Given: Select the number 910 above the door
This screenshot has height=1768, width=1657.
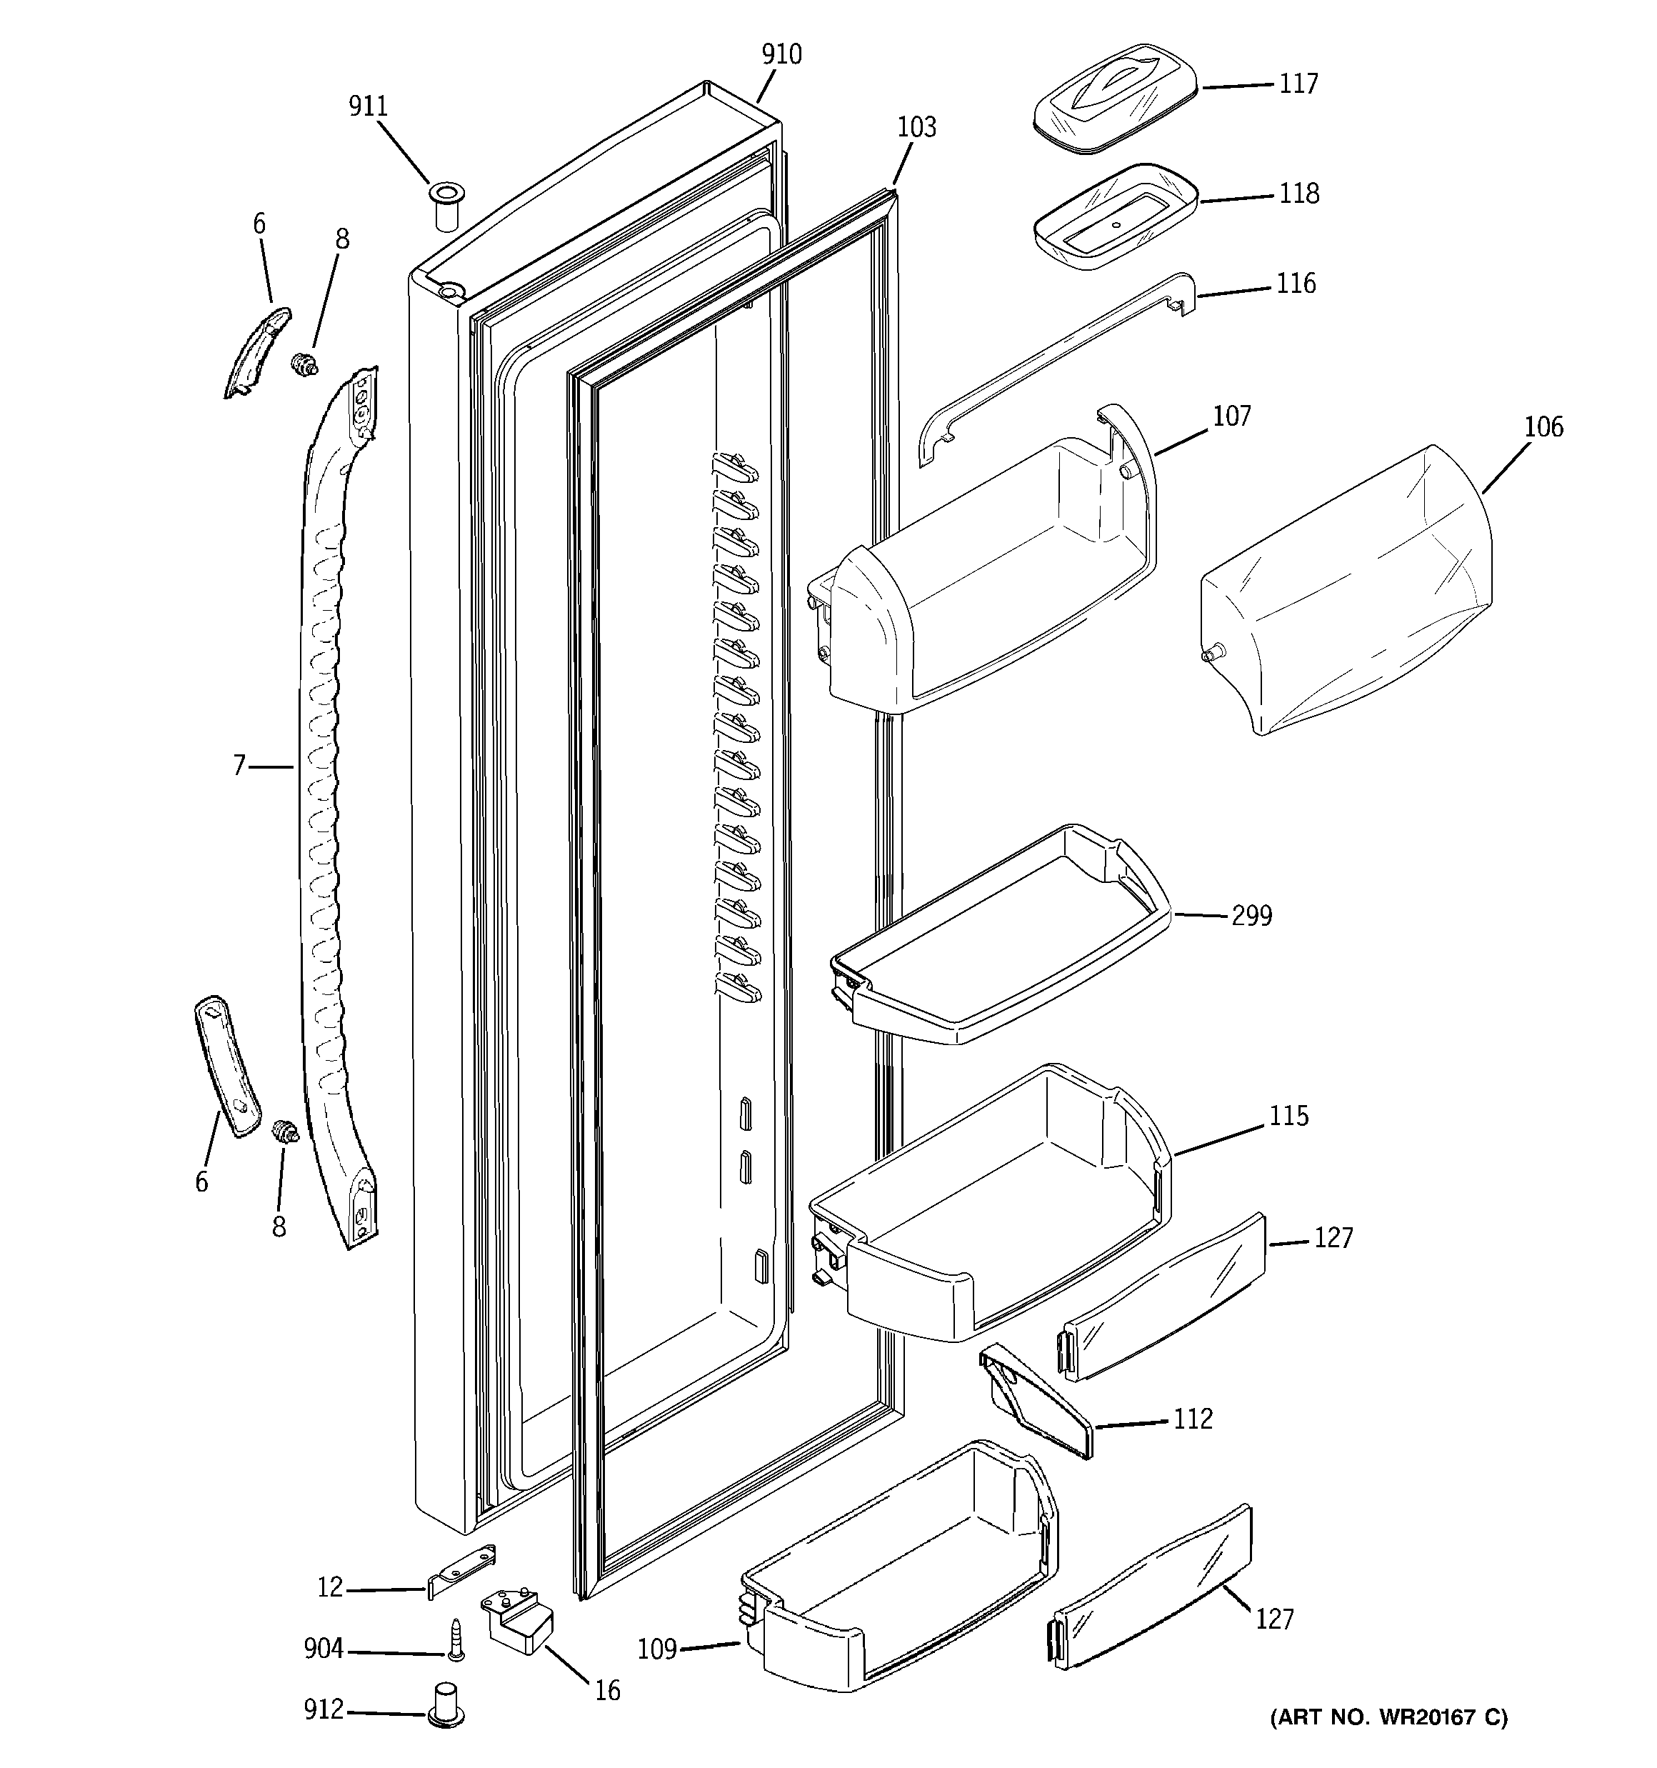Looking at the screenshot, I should click(x=781, y=55).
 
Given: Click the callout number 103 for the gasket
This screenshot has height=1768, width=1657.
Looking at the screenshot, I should click(x=916, y=128).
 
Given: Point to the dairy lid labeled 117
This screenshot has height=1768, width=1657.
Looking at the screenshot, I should click(x=1113, y=99).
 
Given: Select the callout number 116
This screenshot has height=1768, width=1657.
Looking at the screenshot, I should click(x=1296, y=284).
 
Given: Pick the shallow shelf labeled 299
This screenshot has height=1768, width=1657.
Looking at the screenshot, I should click(x=996, y=943).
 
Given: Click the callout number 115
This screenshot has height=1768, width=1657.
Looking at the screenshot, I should click(x=1288, y=1116).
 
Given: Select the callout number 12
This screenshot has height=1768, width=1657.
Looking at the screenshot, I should click(x=330, y=1587).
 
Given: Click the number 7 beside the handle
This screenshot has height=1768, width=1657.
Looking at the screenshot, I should click(x=239, y=766).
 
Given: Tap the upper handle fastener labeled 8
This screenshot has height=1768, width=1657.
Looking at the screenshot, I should click(x=305, y=363).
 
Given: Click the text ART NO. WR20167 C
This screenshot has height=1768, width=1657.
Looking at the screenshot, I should click(x=1388, y=1717).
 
